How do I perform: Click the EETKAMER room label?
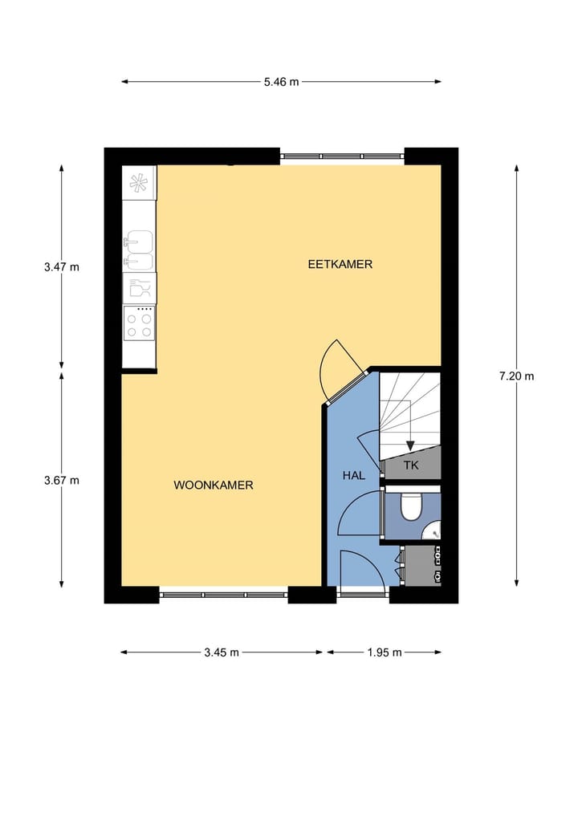point(340,264)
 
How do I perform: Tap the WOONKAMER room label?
point(214,485)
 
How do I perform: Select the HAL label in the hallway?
point(354,475)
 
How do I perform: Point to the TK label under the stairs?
point(411,465)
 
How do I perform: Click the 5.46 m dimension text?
point(281,81)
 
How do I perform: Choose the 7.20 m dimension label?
point(516,375)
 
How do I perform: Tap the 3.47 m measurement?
point(62,267)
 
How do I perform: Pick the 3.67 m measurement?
point(62,480)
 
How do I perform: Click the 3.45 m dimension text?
point(222,652)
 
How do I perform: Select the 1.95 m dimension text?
point(384,652)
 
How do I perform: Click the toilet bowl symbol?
point(411,506)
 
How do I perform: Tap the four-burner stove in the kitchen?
point(140,323)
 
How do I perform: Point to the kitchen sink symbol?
point(139,250)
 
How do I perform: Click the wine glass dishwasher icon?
point(140,287)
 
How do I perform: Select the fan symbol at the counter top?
point(139,183)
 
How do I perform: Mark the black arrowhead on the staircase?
point(410,445)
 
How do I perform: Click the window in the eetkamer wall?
point(342,156)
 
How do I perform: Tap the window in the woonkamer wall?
point(223,595)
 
